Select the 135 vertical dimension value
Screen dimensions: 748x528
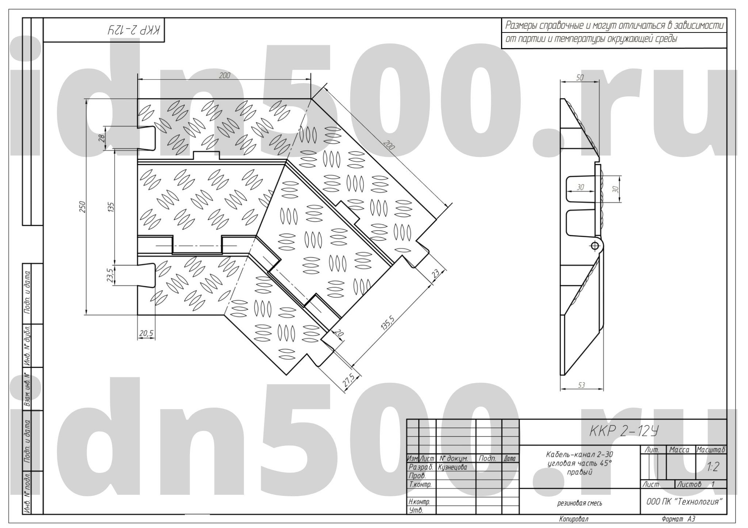pos(112,207)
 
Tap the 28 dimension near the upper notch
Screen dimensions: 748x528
pos(102,138)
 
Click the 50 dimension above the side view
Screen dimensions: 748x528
pos(580,77)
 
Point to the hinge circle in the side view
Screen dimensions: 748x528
pos(595,246)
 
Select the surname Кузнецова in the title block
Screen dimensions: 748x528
pos(452,467)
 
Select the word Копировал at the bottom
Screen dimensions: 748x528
pos(573,519)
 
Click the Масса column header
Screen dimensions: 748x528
pos(679,450)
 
